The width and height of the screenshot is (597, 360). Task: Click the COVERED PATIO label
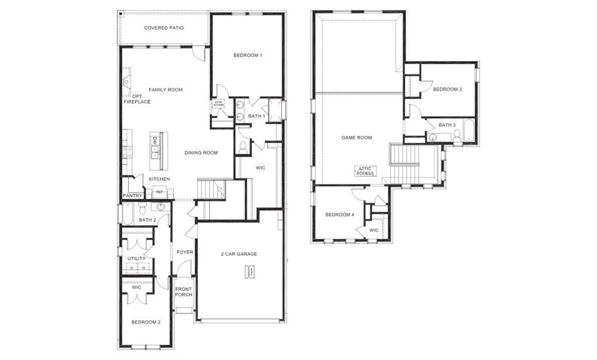tap(164, 28)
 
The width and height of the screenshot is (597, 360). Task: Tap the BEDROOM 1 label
tap(248, 55)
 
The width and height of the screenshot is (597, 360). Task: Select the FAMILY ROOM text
tap(166, 90)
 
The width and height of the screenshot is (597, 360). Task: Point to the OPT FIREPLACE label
tap(137, 99)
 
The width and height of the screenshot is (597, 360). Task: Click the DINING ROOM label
tap(201, 153)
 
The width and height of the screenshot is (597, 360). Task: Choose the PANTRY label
tap(132, 196)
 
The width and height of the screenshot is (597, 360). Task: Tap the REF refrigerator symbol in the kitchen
tap(159, 192)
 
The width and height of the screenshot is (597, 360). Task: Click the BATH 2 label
tap(148, 220)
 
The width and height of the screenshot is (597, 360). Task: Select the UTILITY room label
tap(136, 258)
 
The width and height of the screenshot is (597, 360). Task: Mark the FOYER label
tap(185, 252)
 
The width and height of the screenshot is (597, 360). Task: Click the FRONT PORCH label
tap(184, 292)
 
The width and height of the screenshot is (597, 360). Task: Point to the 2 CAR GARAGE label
tap(239, 253)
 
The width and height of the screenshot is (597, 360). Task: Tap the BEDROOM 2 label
tap(146, 322)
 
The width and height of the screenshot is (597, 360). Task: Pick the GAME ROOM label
tap(357, 137)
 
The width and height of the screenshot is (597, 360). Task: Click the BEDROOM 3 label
tap(448, 89)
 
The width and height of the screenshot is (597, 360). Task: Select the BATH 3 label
tap(447, 125)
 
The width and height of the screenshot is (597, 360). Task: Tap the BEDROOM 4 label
tap(340, 215)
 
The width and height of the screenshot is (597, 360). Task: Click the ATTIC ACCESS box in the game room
tap(365, 171)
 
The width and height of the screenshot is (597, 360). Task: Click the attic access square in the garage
tap(250, 271)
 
